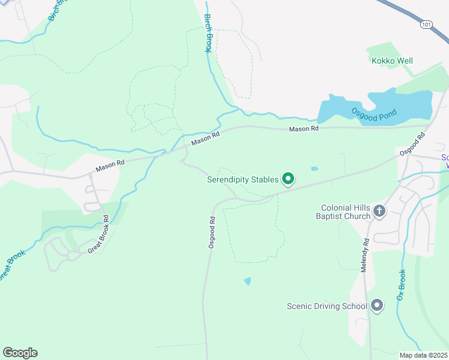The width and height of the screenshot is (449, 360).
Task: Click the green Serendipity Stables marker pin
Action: [288, 179]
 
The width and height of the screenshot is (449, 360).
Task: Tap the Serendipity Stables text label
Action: [243, 179]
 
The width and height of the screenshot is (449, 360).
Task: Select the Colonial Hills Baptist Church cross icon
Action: [379, 211]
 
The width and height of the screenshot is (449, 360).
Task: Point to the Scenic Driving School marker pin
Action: [377, 306]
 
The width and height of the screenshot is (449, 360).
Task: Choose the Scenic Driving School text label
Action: [327, 307]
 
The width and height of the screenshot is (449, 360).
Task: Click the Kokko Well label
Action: [392, 61]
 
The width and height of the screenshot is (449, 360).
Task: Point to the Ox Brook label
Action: [402, 285]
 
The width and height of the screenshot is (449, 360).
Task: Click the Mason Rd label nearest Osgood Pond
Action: [303, 129]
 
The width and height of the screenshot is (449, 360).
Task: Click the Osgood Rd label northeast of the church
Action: [412, 144]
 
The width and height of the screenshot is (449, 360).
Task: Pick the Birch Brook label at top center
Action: [208, 33]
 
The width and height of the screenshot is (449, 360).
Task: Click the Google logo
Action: [20, 353]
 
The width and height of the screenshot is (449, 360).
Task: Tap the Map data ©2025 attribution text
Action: [423, 355]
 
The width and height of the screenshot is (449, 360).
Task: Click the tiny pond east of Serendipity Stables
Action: [315, 169]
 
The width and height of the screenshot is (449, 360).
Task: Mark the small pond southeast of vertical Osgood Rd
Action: [248, 281]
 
